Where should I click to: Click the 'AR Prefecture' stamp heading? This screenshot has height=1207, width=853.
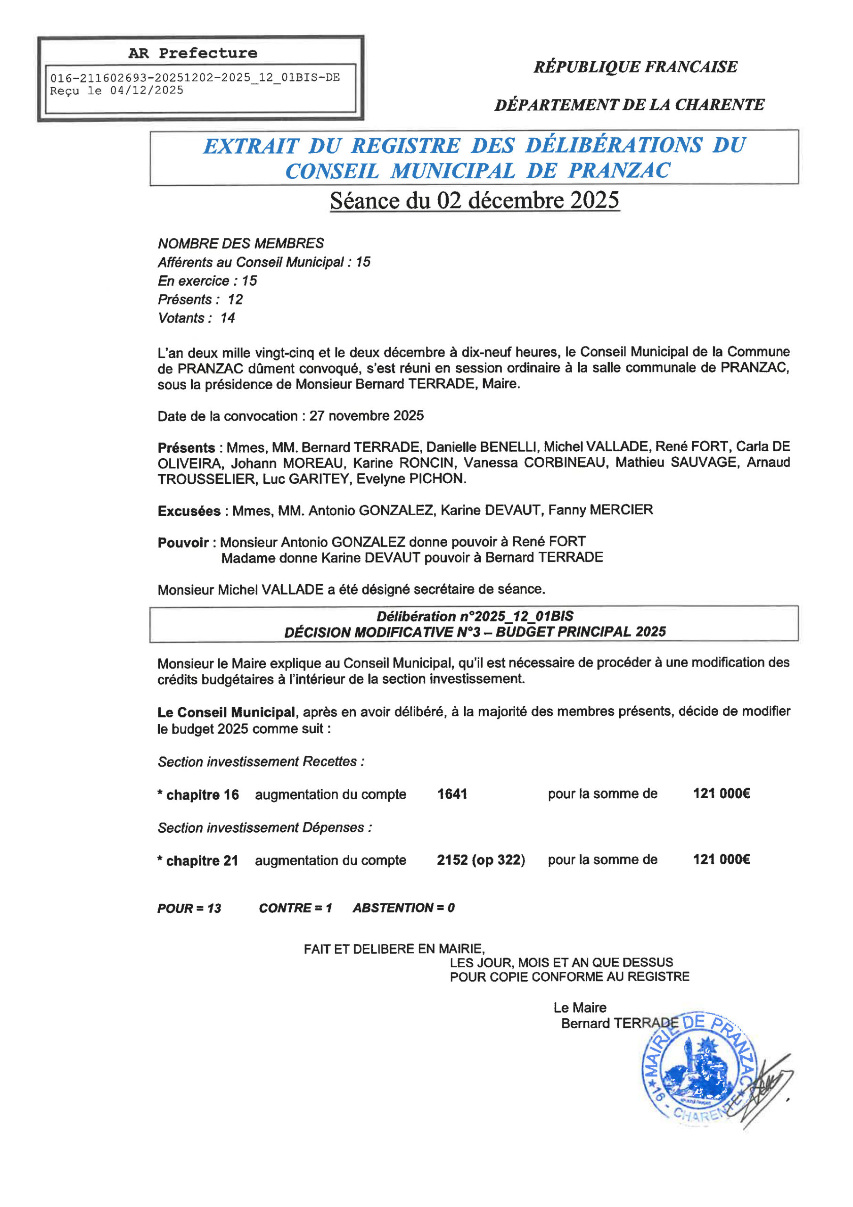(192, 53)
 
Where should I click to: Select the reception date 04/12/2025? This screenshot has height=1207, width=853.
(147, 91)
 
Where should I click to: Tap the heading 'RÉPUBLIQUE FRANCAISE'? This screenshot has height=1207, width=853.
(635, 67)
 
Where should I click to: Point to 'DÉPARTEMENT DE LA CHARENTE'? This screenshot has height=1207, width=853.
(629, 105)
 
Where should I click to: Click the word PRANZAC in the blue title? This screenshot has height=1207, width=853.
(619, 170)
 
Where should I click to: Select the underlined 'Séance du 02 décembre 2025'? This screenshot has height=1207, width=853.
(474, 201)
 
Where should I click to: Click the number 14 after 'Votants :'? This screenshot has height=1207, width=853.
(227, 318)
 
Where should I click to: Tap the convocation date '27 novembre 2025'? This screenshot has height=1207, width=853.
(366, 416)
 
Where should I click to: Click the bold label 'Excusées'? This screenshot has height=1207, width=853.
(189, 511)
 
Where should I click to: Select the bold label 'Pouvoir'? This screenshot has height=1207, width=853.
(183, 542)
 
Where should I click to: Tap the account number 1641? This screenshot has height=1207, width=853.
(452, 794)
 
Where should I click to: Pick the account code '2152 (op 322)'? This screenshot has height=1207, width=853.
(480, 860)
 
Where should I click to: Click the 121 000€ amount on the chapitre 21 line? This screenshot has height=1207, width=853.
(721, 859)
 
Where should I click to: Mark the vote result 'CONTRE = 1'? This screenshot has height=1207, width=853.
(295, 908)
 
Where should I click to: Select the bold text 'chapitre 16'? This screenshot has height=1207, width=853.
(202, 795)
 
